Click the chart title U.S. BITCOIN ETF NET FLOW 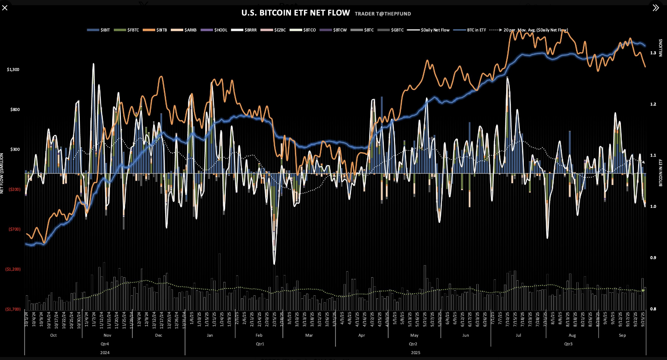point(295,13)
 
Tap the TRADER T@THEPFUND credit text point(383,14)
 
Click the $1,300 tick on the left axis point(13,69)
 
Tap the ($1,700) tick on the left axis point(13,309)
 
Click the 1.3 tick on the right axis point(653,53)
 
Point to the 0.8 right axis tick point(653,309)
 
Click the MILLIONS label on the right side point(661,48)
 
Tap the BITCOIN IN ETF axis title point(661,172)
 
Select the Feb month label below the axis point(259,335)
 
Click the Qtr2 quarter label point(413,344)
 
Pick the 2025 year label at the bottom point(416,353)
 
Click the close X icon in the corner point(5,8)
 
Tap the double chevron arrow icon point(656,8)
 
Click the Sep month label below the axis point(622,335)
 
